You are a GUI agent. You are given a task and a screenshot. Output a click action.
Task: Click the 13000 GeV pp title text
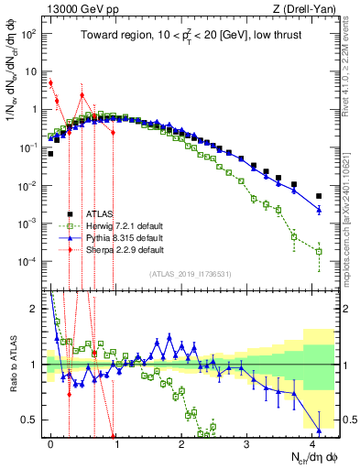(x=78, y=8)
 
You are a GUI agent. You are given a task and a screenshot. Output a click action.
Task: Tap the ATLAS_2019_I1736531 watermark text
(x=190, y=275)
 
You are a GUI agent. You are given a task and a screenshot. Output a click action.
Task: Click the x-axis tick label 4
(x=312, y=442)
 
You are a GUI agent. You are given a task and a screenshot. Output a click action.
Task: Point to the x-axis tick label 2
(x=181, y=442)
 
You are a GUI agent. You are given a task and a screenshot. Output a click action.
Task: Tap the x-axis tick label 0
(x=50, y=442)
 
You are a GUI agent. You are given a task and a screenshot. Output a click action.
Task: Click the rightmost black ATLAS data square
(x=319, y=196)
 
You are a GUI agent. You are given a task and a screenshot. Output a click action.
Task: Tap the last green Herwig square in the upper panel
(x=319, y=251)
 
